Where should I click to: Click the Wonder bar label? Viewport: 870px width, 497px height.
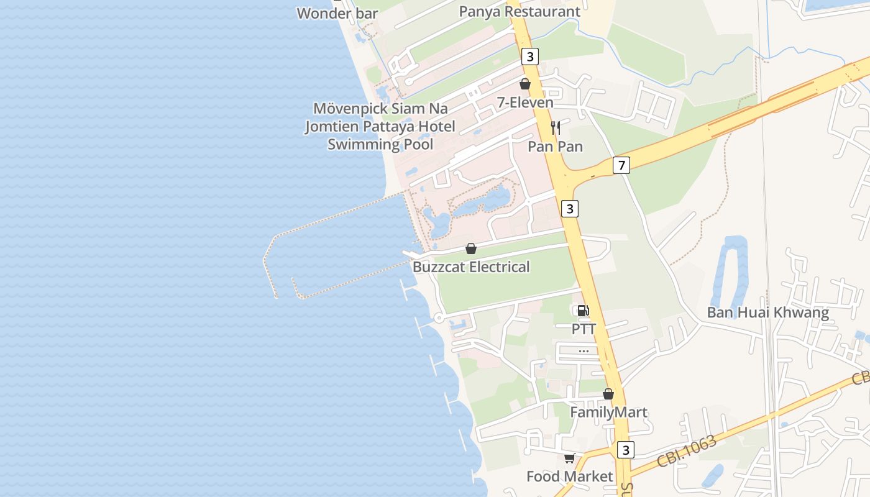click(337, 13)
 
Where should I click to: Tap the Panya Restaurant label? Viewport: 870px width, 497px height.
click(520, 11)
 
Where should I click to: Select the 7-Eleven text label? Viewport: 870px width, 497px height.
click(525, 103)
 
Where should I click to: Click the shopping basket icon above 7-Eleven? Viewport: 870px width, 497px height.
click(525, 84)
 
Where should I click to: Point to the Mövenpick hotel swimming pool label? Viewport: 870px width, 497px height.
click(380, 127)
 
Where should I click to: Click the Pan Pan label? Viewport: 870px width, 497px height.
click(555, 147)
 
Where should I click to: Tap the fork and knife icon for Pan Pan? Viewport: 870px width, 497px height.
click(555, 128)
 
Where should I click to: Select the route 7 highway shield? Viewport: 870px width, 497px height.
click(621, 165)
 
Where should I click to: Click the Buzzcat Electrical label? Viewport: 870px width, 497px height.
click(471, 267)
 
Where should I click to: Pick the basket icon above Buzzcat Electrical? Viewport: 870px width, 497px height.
click(471, 248)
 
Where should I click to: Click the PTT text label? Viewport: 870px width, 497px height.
click(584, 329)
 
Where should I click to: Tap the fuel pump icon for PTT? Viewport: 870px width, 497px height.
click(583, 311)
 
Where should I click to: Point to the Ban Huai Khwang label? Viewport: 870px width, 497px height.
click(767, 312)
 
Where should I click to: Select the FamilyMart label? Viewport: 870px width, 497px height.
click(608, 413)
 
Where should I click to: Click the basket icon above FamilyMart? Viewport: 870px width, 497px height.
click(608, 394)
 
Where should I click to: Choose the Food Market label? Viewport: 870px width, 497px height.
click(569, 476)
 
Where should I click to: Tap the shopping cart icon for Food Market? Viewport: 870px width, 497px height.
click(569, 458)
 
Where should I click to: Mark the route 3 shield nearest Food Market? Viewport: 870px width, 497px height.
click(625, 450)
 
